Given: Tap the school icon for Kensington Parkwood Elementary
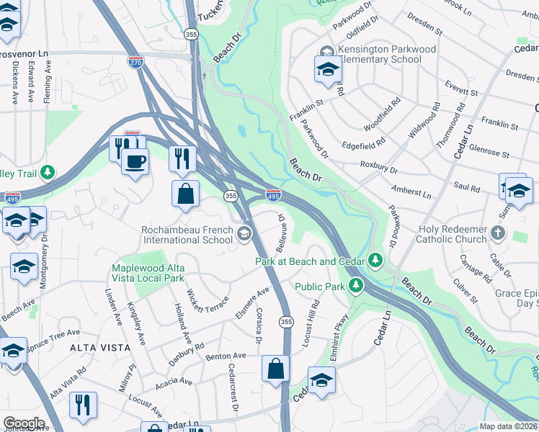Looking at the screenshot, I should tap(327, 70).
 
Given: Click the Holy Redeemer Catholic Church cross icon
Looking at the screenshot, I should tap(498, 233).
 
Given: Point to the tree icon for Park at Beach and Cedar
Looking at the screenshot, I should tap(375, 259).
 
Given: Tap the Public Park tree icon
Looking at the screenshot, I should tap(355, 287).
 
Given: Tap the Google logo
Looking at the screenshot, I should tap(24, 423).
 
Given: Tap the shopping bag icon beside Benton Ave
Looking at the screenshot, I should tap(275, 369).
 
